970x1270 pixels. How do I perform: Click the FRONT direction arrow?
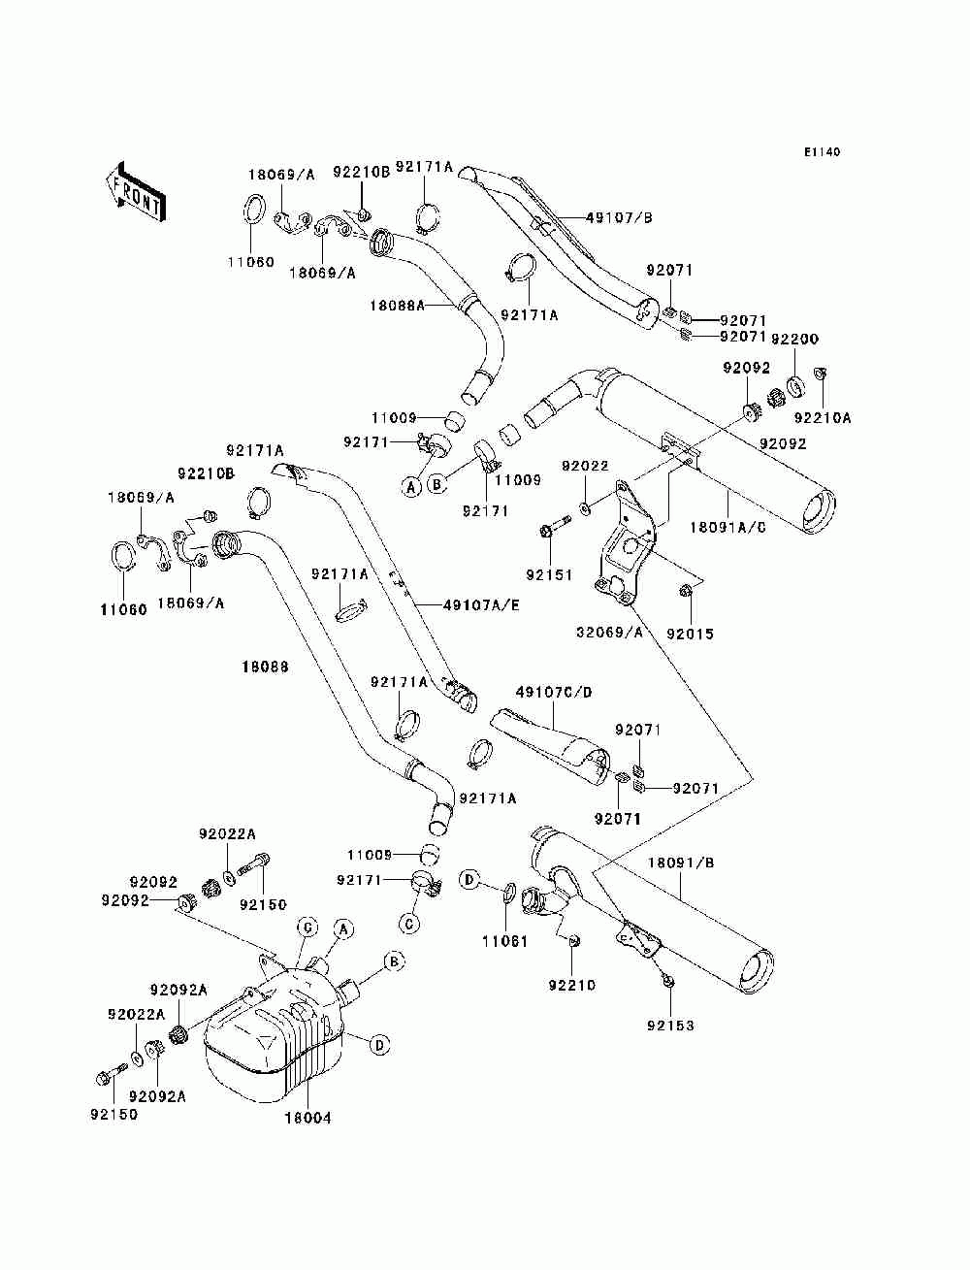click(x=136, y=193)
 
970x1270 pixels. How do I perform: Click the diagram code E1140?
click(x=822, y=152)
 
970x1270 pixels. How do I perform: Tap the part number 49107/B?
click(x=619, y=217)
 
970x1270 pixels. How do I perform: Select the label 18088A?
click(x=398, y=305)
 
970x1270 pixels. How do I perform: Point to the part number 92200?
click(x=795, y=339)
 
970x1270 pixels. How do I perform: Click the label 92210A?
click(x=823, y=418)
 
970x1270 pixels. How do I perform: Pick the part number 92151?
click(x=549, y=575)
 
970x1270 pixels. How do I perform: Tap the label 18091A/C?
click(x=727, y=527)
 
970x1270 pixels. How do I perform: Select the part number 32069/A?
click(x=610, y=633)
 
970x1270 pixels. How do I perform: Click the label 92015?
click(x=690, y=635)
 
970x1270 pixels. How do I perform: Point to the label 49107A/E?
click(x=481, y=605)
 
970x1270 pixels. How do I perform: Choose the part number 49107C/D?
click(x=554, y=692)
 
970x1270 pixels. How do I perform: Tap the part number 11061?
click(x=505, y=942)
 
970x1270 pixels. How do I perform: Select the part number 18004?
click(x=307, y=1119)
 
